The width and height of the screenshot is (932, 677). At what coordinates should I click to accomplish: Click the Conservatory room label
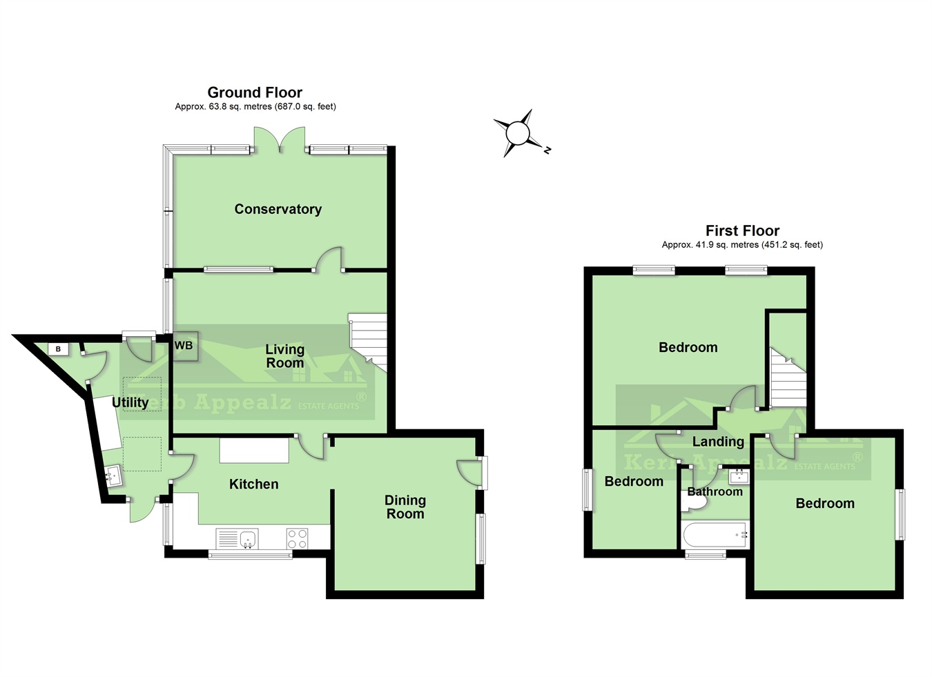point(278,209)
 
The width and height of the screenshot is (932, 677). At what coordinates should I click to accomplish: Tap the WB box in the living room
point(184,346)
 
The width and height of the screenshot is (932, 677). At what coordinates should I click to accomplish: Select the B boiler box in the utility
point(59,349)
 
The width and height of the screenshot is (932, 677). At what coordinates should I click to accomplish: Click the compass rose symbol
point(518,133)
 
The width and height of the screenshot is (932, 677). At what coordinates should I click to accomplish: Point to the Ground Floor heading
point(255,92)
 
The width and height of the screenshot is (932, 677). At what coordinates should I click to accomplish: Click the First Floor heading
point(742,230)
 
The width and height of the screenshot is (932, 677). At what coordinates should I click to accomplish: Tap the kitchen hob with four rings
point(298,539)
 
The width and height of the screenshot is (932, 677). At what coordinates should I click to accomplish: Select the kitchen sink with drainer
point(237,539)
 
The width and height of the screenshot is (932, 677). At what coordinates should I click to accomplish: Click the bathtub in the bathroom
point(715,535)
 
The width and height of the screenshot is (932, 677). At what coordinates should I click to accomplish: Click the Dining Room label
point(405,507)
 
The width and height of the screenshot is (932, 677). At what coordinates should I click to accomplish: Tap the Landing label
point(718,442)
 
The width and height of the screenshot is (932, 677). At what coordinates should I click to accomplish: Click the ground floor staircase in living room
point(368,338)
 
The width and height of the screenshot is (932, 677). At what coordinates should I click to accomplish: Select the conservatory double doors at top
point(279,140)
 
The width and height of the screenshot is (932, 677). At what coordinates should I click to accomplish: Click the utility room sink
point(113,475)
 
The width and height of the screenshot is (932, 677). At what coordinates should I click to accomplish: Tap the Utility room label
point(130,402)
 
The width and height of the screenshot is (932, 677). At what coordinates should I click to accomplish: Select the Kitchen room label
point(253,484)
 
